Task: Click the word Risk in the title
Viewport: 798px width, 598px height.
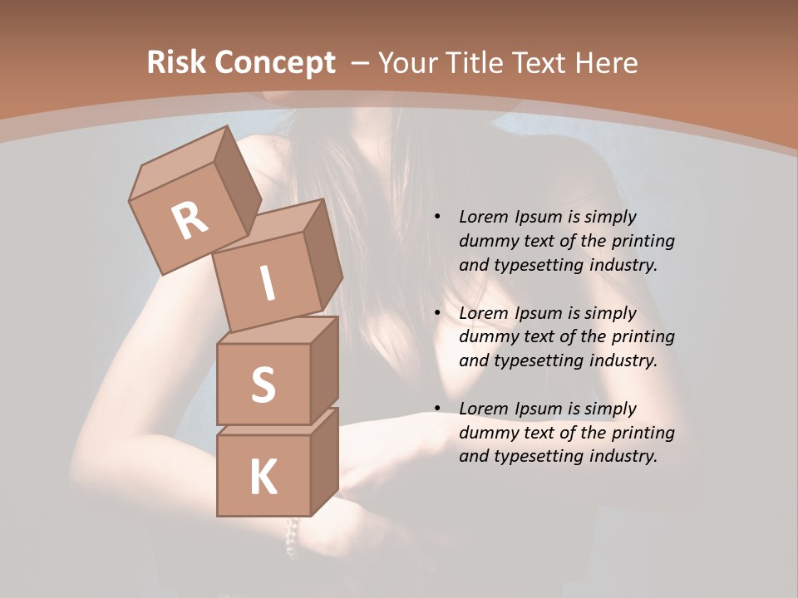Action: click(x=176, y=63)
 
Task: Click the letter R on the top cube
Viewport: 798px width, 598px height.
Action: click(x=190, y=220)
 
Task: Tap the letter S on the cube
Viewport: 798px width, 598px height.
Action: click(x=263, y=385)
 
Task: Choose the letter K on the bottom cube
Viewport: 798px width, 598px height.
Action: click(x=264, y=478)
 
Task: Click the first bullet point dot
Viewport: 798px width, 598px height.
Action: click(x=437, y=217)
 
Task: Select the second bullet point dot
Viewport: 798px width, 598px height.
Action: click(x=437, y=313)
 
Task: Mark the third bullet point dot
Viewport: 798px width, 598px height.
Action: click(x=437, y=409)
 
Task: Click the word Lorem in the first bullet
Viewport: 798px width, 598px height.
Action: click(x=483, y=217)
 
